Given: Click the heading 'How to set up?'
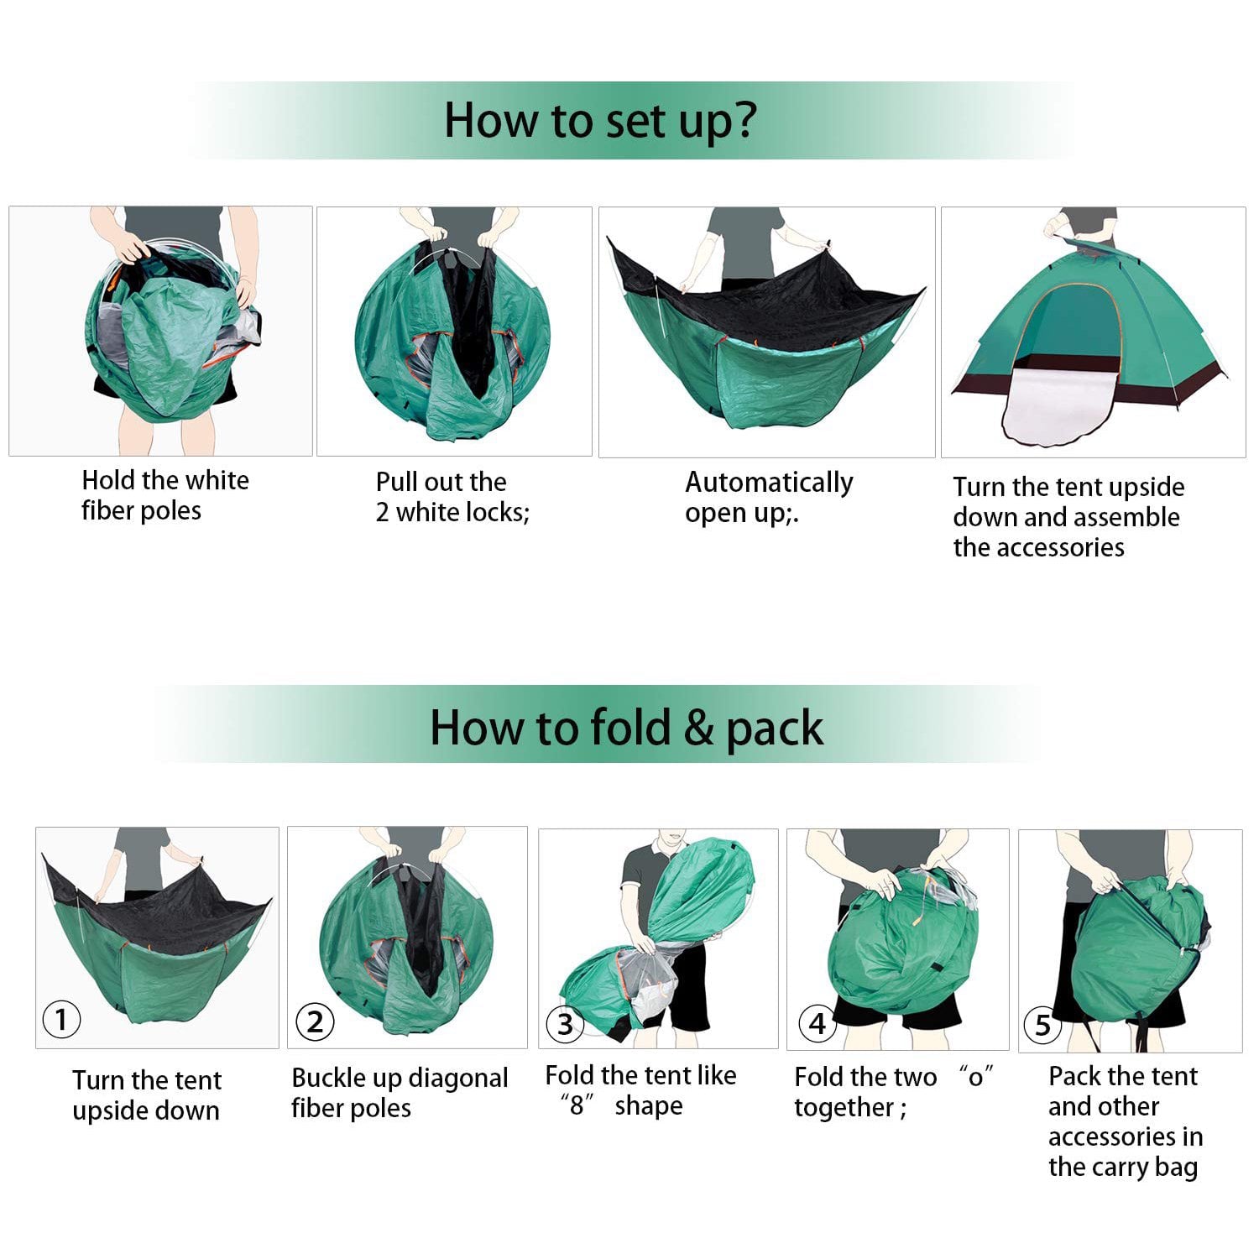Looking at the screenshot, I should tap(599, 120).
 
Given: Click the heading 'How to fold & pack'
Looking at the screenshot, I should tap(626, 727).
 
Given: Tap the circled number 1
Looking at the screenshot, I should tap(61, 1020).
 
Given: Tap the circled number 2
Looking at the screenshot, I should tap(315, 1021).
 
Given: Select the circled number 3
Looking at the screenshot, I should tap(565, 1024).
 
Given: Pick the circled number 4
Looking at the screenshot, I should tap(817, 1023).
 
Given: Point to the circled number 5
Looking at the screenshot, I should tap(1042, 1025).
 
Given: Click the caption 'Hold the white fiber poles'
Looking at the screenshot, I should tap(165, 495).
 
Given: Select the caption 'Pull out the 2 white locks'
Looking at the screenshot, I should tap(452, 497).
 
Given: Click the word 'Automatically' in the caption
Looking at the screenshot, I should tap(769, 482).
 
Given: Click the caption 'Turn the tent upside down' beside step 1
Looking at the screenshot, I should tap(146, 1094).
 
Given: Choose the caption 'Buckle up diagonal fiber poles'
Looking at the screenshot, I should tap(400, 1093).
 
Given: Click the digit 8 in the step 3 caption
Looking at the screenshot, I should tap(577, 1105).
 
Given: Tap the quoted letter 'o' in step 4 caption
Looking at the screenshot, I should tap(975, 1078).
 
